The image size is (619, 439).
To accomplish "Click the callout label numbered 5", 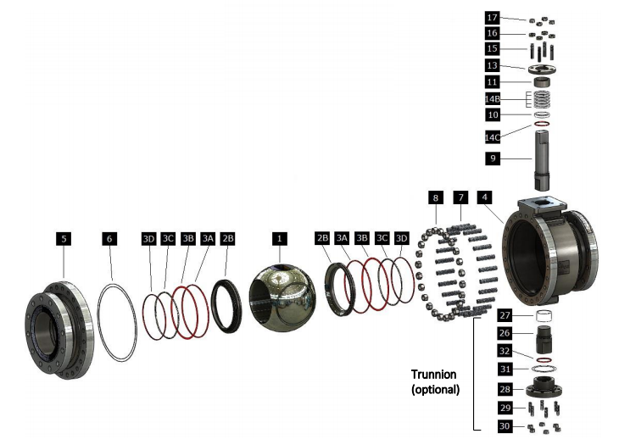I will pos(64,239).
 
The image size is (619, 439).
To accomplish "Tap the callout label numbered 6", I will pos(109,239).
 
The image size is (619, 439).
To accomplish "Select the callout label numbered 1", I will pos(279,239).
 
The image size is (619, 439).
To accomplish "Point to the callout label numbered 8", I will pos(435,197).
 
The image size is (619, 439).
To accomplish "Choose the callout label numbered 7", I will pos(460,197).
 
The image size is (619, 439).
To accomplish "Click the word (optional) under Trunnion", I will pos(434,390).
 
